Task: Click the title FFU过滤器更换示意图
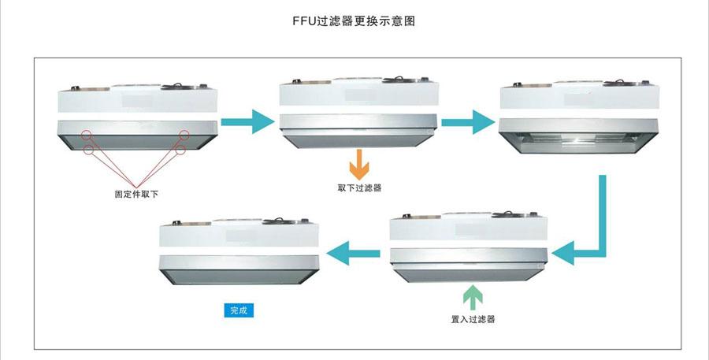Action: tap(353, 21)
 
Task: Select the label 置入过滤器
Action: tap(473, 319)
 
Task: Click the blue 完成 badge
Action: tap(238, 310)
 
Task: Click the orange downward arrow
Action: tap(359, 164)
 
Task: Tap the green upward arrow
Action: tap(473, 298)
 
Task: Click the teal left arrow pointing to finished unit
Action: tap(354, 253)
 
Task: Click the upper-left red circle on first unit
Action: tap(86, 135)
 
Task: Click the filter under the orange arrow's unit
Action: tap(358, 130)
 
